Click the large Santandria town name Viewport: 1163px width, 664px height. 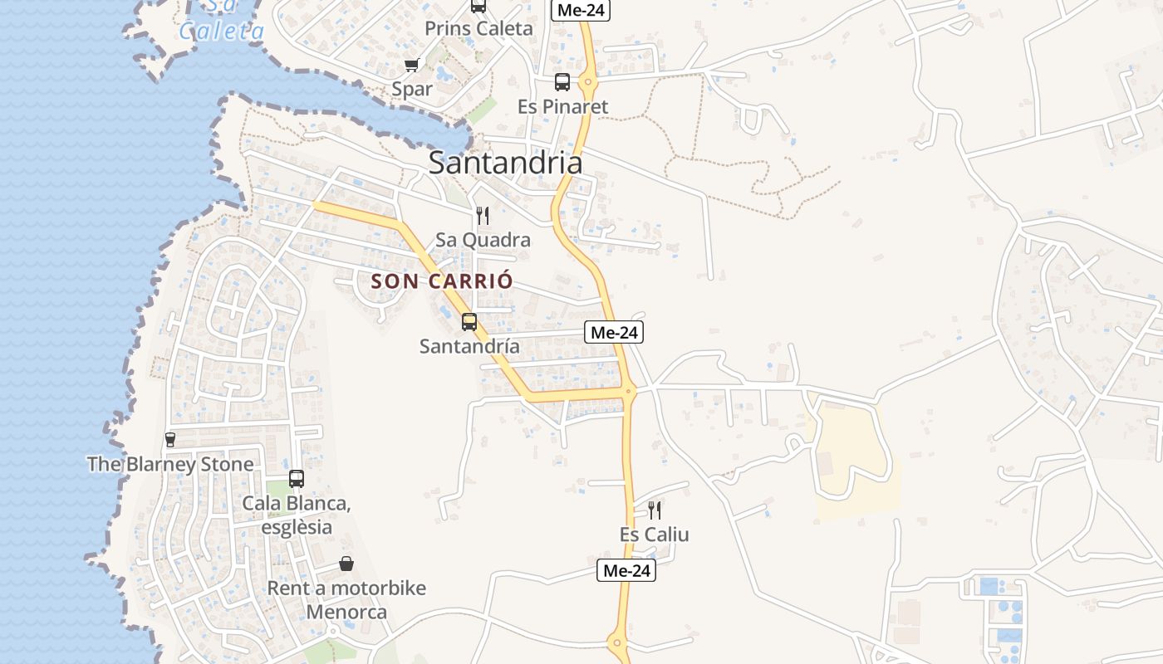(x=505, y=163)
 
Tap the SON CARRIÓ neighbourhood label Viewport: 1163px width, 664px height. (x=441, y=281)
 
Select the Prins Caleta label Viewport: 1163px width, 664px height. (x=478, y=28)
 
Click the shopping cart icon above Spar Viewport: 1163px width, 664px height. (x=411, y=65)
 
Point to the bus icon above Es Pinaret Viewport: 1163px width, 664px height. (x=562, y=82)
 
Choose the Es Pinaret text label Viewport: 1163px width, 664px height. (x=562, y=107)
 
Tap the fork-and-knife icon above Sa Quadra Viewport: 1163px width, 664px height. (x=483, y=217)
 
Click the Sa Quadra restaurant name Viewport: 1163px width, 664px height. (x=483, y=241)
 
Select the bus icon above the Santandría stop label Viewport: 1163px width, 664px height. (x=469, y=322)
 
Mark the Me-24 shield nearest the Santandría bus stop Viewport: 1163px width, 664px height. (x=614, y=333)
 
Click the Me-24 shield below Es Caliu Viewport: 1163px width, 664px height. (x=626, y=571)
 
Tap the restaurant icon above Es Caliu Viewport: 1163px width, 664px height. (x=655, y=510)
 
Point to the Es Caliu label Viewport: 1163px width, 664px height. (x=655, y=535)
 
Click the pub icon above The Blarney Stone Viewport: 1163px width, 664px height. (x=170, y=440)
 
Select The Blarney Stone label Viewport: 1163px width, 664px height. (x=170, y=464)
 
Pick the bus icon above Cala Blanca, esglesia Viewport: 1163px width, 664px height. (x=297, y=479)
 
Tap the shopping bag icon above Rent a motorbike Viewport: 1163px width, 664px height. (x=346, y=564)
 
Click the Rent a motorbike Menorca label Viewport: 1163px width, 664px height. (x=346, y=600)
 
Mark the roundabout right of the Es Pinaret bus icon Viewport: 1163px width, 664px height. (x=588, y=82)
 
